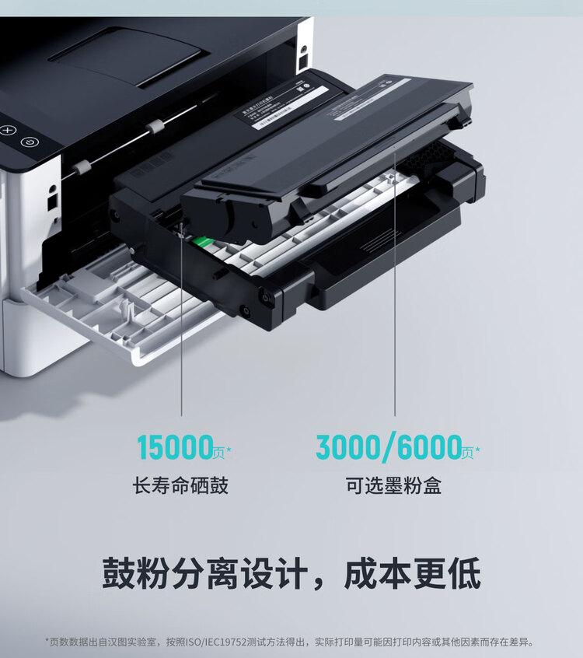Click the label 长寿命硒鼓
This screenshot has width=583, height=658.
point(180,487)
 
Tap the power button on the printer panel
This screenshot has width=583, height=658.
point(29,142)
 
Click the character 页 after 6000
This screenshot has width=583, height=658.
point(468,452)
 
